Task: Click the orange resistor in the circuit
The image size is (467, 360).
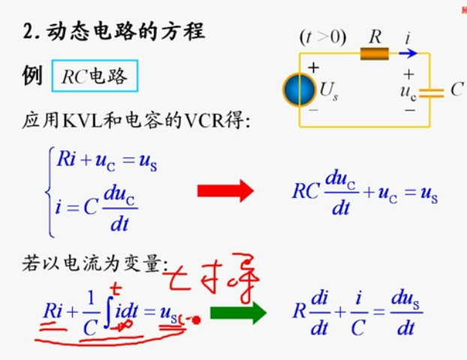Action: tap(375, 53)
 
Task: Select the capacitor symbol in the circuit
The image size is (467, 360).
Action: tap(431, 92)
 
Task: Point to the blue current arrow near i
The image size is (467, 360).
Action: tap(408, 53)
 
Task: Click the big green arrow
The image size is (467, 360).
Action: tap(238, 312)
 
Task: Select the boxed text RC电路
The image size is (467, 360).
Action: tap(95, 76)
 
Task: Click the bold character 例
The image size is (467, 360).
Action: tap(33, 76)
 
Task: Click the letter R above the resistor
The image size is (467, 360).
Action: tap(376, 35)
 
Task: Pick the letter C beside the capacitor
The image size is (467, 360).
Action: tap(456, 90)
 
